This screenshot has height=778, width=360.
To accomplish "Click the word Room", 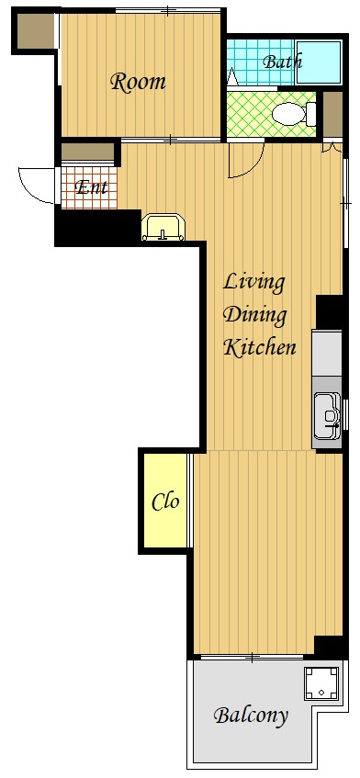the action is [x=138, y=82].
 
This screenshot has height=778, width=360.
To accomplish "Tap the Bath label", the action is [x=282, y=62].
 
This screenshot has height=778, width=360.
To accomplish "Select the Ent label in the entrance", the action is [x=91, y=187].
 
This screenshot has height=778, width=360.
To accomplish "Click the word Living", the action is [x=254, y=283].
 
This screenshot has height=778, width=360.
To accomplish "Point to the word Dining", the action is [x=255, y=315].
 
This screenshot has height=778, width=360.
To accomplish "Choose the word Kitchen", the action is [x=260, y=346].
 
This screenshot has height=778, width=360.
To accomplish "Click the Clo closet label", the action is [x=165, y=502].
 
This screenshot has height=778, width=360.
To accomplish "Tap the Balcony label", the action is [x=251, y=716].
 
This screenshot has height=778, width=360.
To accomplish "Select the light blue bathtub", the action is [x=319, y=62].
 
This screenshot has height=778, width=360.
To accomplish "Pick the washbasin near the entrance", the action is [x=163, y=227].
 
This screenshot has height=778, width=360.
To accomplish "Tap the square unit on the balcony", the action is [x=321, y=683].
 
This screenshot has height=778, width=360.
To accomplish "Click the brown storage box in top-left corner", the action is [x=35, y=30].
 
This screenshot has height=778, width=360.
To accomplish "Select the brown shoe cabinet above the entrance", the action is [x=88, y=152].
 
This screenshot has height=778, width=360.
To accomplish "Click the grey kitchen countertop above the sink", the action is [x=327, y=354].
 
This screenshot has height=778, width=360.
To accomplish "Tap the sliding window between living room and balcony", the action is [x=253, y=658].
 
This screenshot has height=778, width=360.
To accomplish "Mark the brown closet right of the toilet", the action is [x=332, y=114].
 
